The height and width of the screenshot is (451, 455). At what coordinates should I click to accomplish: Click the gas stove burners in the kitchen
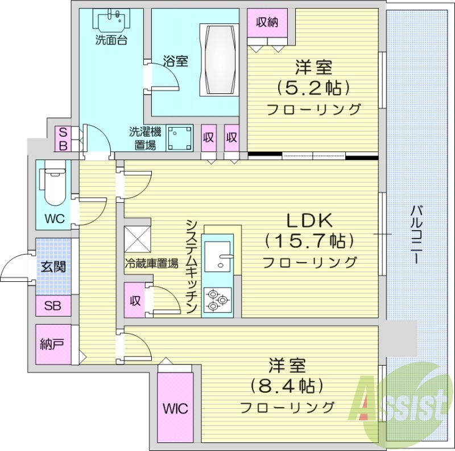click(x=217, y=299)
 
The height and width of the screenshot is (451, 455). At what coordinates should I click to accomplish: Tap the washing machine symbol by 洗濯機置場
click(x=179, y=138)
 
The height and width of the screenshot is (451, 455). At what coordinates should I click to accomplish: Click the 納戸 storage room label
click(x=52, y=344)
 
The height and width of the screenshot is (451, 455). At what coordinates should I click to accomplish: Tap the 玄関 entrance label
click(x=53, y=266)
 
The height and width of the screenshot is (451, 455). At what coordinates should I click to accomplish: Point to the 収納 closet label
click(x=267, y=23)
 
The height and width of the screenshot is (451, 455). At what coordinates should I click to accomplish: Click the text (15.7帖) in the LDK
click(x=309, y=241)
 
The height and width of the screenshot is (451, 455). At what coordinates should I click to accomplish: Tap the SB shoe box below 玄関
click(x=53, y=305)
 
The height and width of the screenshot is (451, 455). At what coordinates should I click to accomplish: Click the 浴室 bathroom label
click(x=175, y=61)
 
